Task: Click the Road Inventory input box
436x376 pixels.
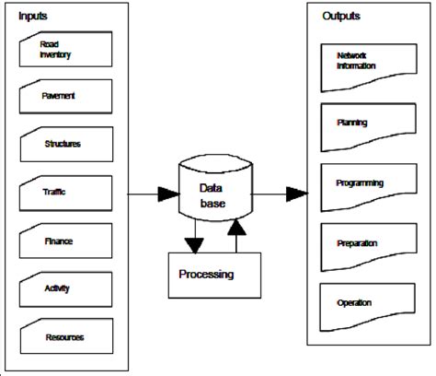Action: pyautogui.click(x=64, y=49)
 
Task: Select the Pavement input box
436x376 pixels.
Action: pyautogui.click(x=64, y=95)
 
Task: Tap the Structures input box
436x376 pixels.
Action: pyautogui.click(x=64, y=145)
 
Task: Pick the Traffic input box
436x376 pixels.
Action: pyautogui.click(x=64, y=193)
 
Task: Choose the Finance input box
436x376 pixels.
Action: pyautogui.click(x=64, y=241)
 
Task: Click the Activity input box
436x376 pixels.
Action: pyautogui.click(x=64, y=289)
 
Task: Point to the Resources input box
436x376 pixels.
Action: pyautogui.click(x=64, y=337)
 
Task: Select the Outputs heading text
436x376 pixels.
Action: pyautogui.click(x=341, y=16)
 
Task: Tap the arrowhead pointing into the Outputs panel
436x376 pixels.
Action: pyautogui.click(x=296, y=193)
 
